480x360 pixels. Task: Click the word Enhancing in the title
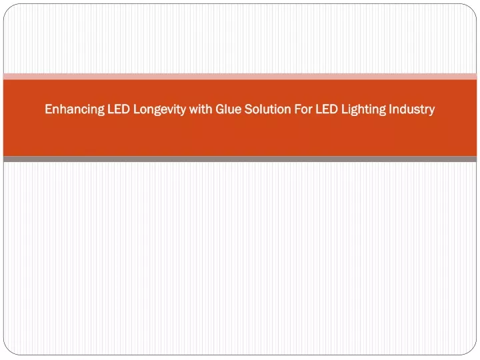pyautogui.click(x=75, y=109)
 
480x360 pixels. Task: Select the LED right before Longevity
pyautogui.click(x=119, y=109)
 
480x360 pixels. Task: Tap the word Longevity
pyautogui.click(x=159, y=109)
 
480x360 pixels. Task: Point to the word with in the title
pyautogui.click(x=201, y=109)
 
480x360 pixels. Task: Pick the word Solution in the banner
pyautogui.click(x=267, y=109)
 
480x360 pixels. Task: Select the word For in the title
pyautogui.click(x=303, y=109)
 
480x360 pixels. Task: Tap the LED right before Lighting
pyautogui.click(x=327, y=109)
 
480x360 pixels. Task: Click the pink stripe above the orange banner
pyautogui.click(x=240, y=76)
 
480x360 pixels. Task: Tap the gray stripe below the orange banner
pyautogui.click(x=240, y=159)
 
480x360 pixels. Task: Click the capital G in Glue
pyautogui.click(x=220, y=109)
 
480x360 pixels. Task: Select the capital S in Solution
pyautogui.click(x=248, y=109)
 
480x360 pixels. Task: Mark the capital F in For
pyautogui.click(x=297, y=109)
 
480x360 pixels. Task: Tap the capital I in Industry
pyautogui.click(x=390, y=109)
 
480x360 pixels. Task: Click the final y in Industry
pyautogui.click(x=431, y=111)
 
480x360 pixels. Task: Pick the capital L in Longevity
pyautogui.click(x=136, y=109)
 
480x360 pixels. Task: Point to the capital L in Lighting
pyautogui.click(x=345, y=109)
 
